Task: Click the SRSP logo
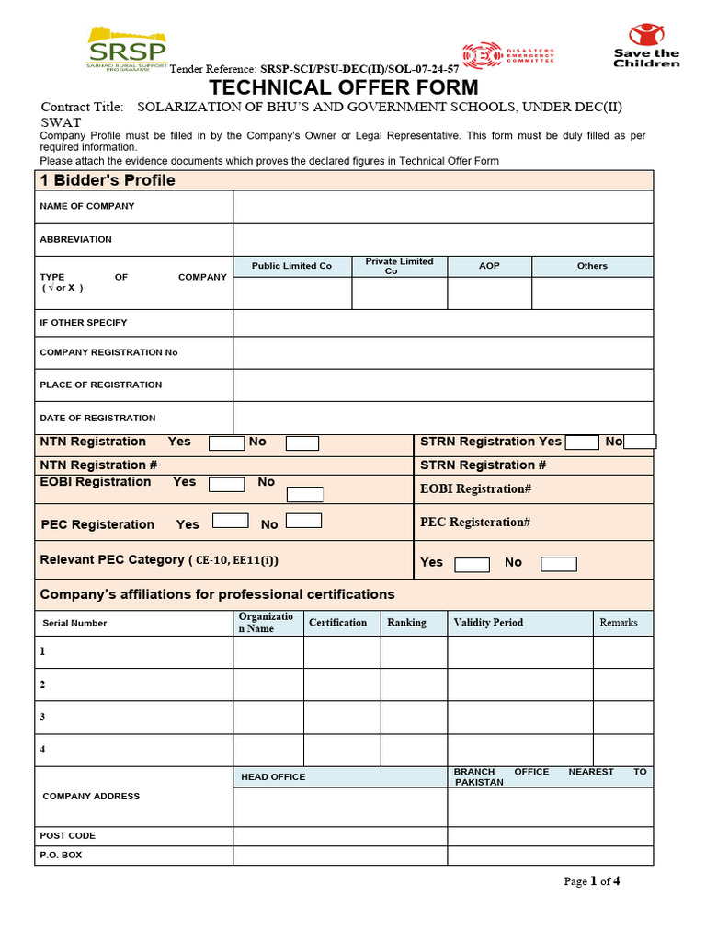pyautogui.click(x=127, y=49)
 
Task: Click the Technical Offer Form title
pyautogui.click(x=345, y=87)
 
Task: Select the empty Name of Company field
pyautogui.click(x=442, y=207)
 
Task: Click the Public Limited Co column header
pyautogui.click(x=291, y=266)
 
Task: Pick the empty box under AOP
pyautogui.click(x=489, y=293)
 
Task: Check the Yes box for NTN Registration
pyautogui.click(x=226, y=442)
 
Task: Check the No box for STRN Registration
pyautogui.click(x=639, y=442)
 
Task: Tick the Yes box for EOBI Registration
pyautogui.click(x=226, y=484)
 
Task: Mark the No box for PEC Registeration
pyautogui.click(x=303, y=521)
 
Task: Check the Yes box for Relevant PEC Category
pyautogui.click(x=473, y=564)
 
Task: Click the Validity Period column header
pyautogui.click(x=519, y=623)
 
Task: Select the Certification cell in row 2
pyautogui.click(x=341, y=684)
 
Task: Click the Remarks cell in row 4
pyautogui.click(x=622, y=750)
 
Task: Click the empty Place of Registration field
pyautogui.click(x=442, y=385)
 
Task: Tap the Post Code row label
pyautogui.click(x=68, y=836)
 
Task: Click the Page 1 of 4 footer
pyautogui.click(x=591, y=881)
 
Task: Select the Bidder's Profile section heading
pyautogui.click(x=108, y=180)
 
